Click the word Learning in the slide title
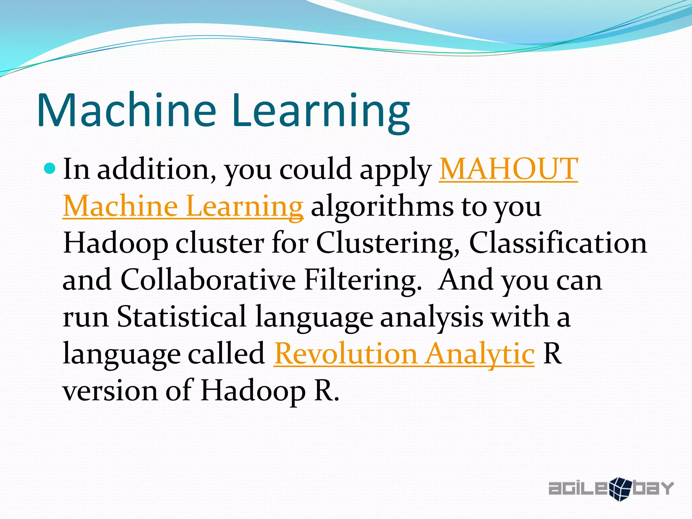click(321, 112)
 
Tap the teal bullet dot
click(50, 168)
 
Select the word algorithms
click(382, 207)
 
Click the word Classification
click(558, 243)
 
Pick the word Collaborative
click(208, 280)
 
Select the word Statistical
click(181, 317)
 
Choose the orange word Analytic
click(480, 354)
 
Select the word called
click(226, 354)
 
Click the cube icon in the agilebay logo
click(620, 489)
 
